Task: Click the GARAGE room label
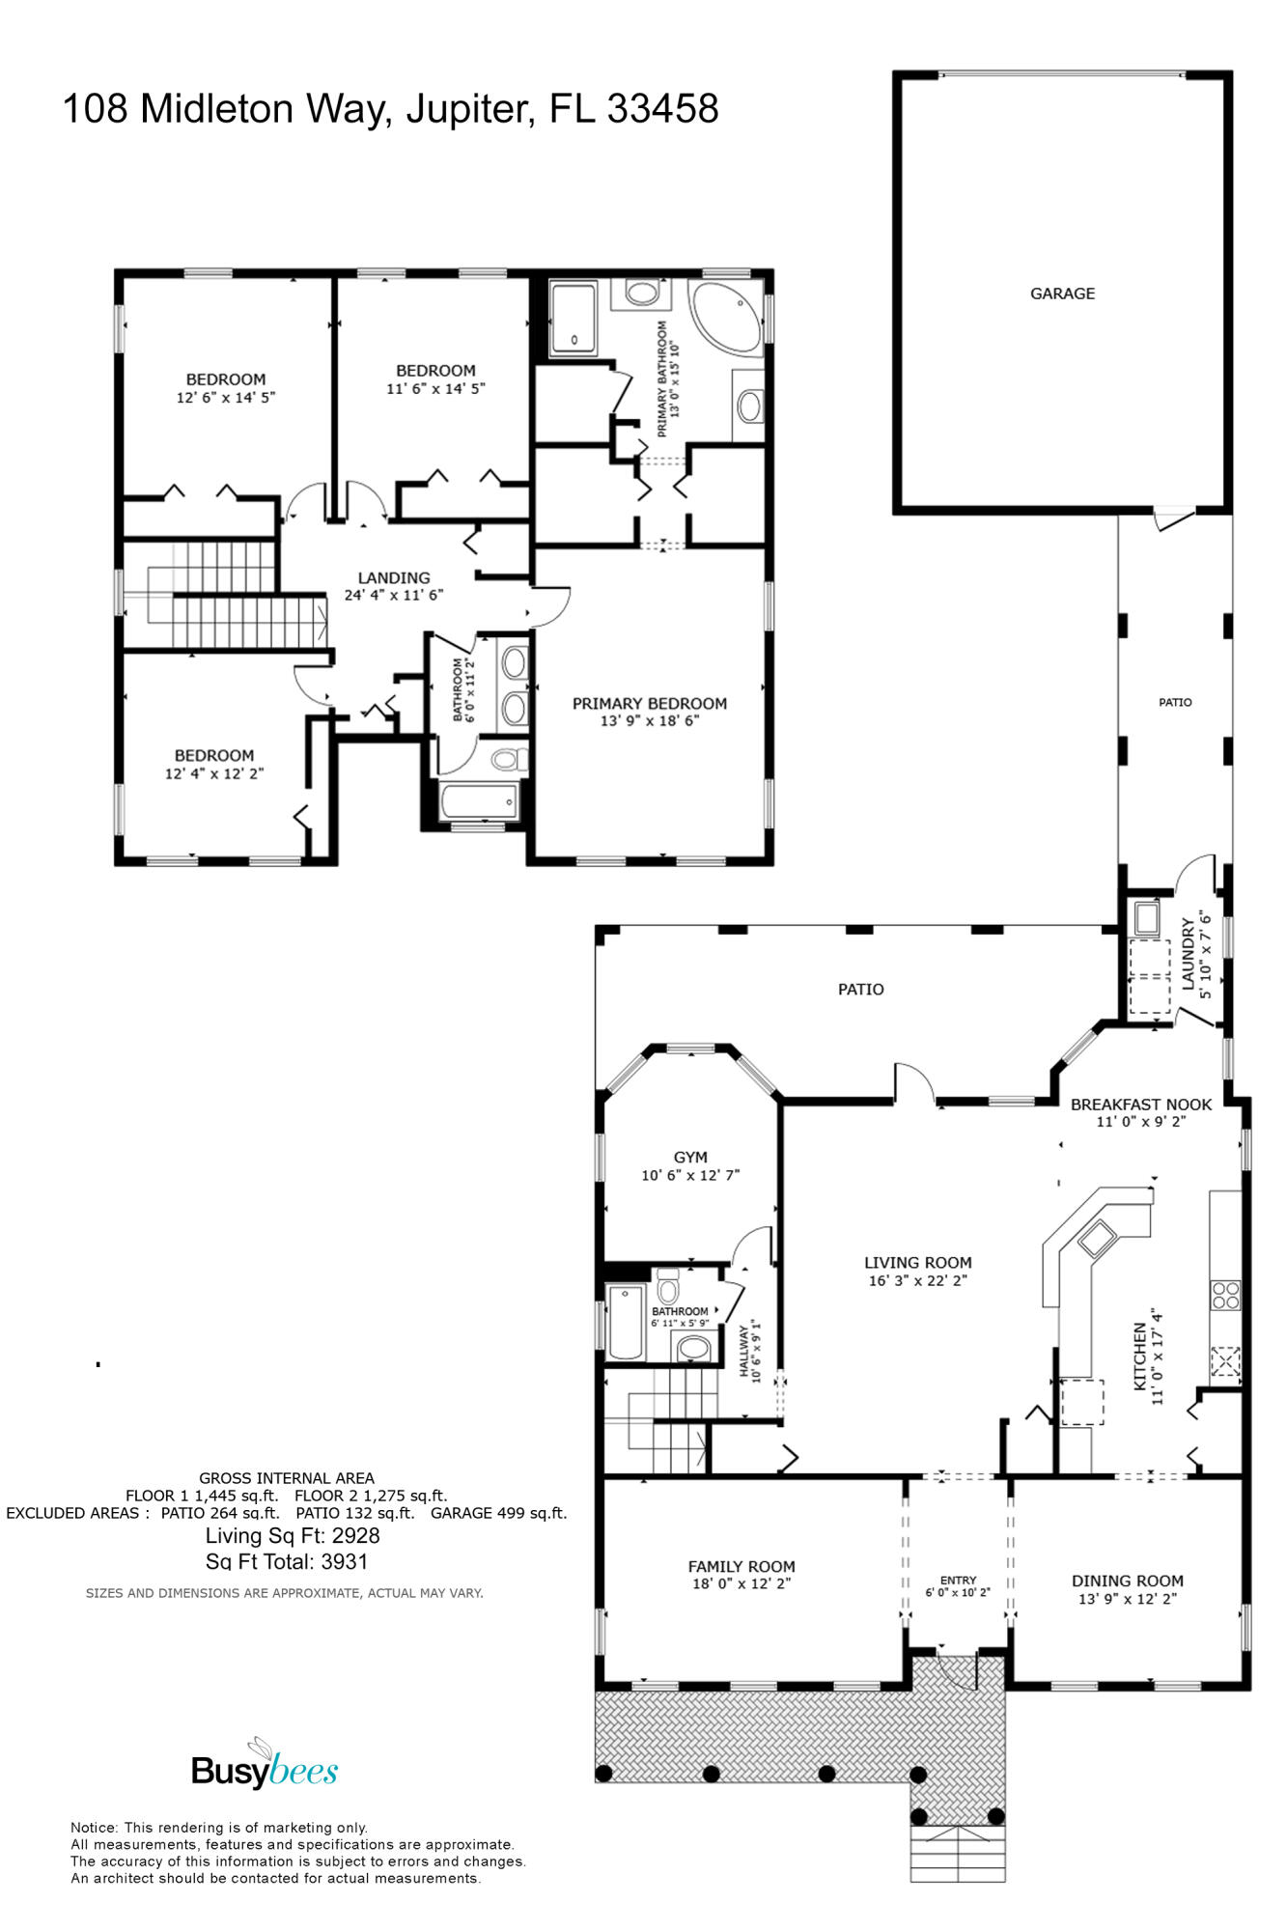coord(1062,294)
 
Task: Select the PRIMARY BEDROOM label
coord(649,704)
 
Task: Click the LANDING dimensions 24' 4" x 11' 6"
coord(394,595)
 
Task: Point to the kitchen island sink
coord(1097,1238)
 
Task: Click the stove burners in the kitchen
coord(1225,1295)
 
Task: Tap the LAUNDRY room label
coord(1189,954)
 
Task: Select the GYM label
coord(690,1157)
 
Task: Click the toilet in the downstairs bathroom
coord(668,1289)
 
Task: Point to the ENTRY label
coord(958,1581)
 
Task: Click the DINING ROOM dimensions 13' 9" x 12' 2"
coord(1127,1599)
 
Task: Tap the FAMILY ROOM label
coord(741,1567)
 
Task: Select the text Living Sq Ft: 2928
coord(293,1536)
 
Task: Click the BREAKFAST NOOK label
coord(1141,1105)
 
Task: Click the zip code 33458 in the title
coord(662,109)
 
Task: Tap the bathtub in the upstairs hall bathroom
coord(479,801)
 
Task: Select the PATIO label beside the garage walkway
coord(1175,702)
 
